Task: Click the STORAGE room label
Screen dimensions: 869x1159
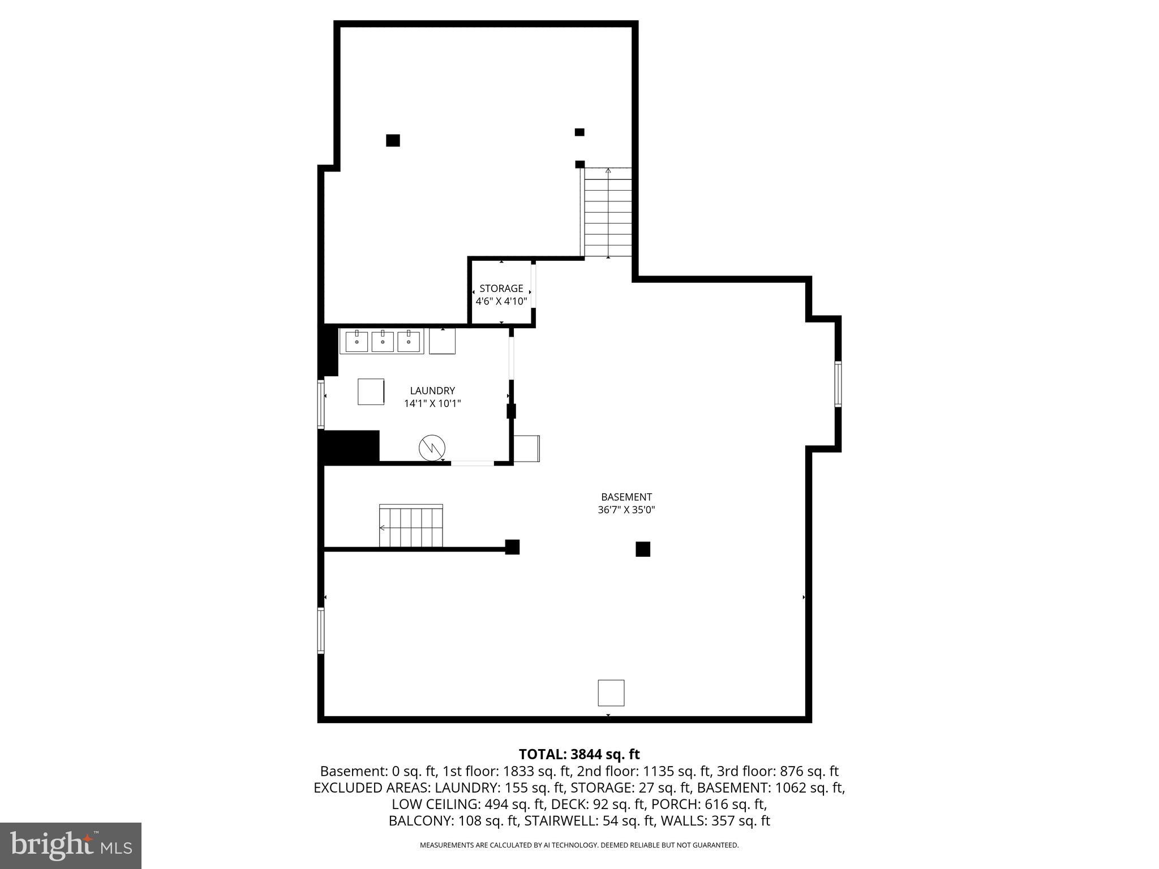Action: click(501, 289)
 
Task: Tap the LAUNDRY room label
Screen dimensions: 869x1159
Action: click(432, 391)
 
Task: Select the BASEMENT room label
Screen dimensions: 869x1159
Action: click(626, 497)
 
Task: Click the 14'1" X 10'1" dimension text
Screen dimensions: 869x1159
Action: click(432, 404)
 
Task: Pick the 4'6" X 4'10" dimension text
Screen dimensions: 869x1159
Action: click(501, 302)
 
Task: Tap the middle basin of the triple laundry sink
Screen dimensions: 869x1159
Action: click(383, 342)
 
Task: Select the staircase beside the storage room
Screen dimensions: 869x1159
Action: click(608, 213)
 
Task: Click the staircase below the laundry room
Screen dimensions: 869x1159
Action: click(411, 527)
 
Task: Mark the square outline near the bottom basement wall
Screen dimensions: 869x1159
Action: click(611, 693)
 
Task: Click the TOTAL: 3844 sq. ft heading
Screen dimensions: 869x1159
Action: click(579, 755)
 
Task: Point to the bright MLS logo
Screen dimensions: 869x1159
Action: click(71, 846)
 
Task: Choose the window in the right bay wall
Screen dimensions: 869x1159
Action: click(838, 384)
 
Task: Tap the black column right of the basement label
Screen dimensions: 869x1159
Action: click(643, 549)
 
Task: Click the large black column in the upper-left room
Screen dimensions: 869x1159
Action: click(393, 140)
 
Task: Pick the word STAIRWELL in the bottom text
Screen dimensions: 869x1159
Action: click(557, 821)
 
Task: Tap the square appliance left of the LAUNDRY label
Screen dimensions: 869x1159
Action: click(371, 392)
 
